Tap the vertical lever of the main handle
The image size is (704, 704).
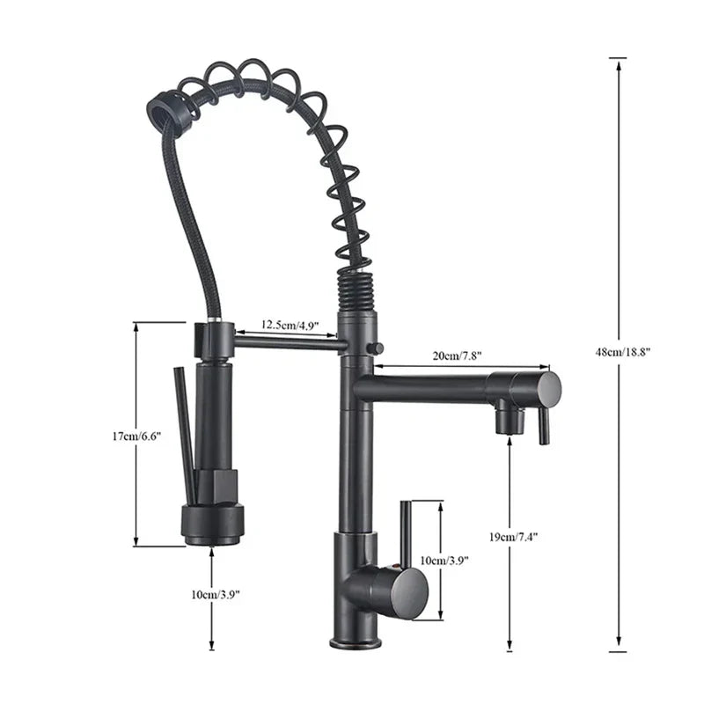[x=406, y=532]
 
